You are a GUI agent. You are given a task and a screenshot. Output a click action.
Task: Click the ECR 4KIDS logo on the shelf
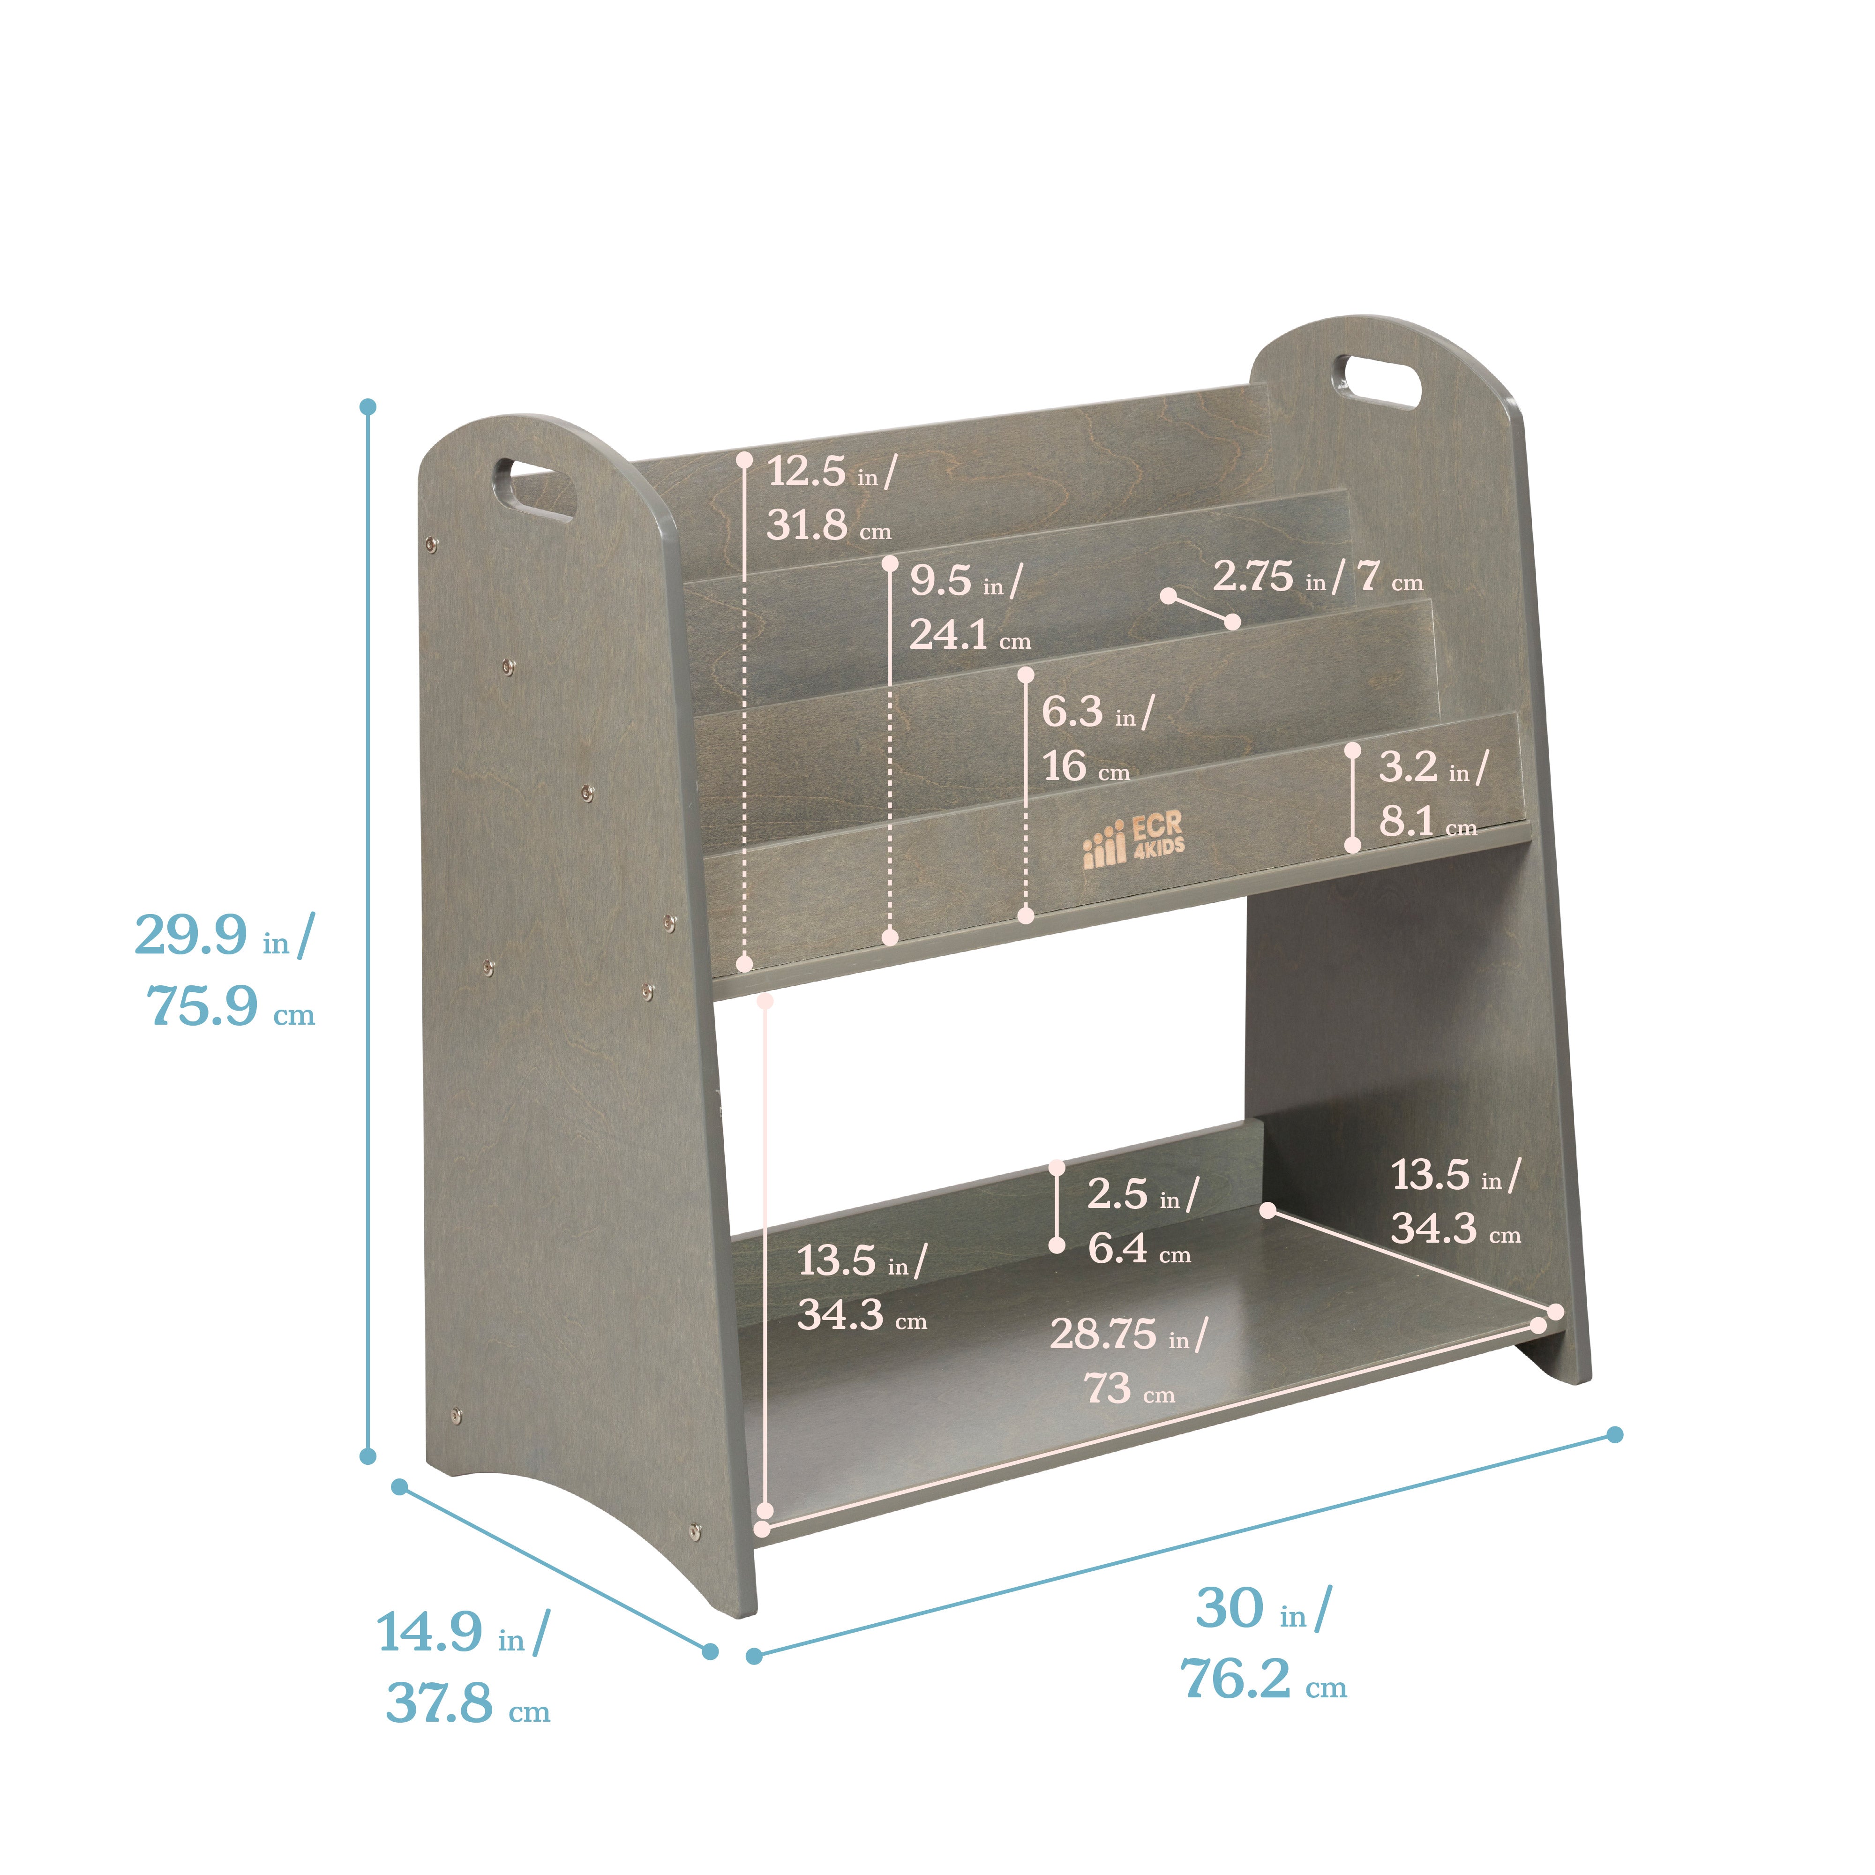[x=1133, y=840]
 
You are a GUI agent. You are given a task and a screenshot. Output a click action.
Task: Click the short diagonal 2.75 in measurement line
[x=1200, y=608]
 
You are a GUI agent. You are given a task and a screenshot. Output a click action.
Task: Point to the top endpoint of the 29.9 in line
[x=368, y=406]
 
